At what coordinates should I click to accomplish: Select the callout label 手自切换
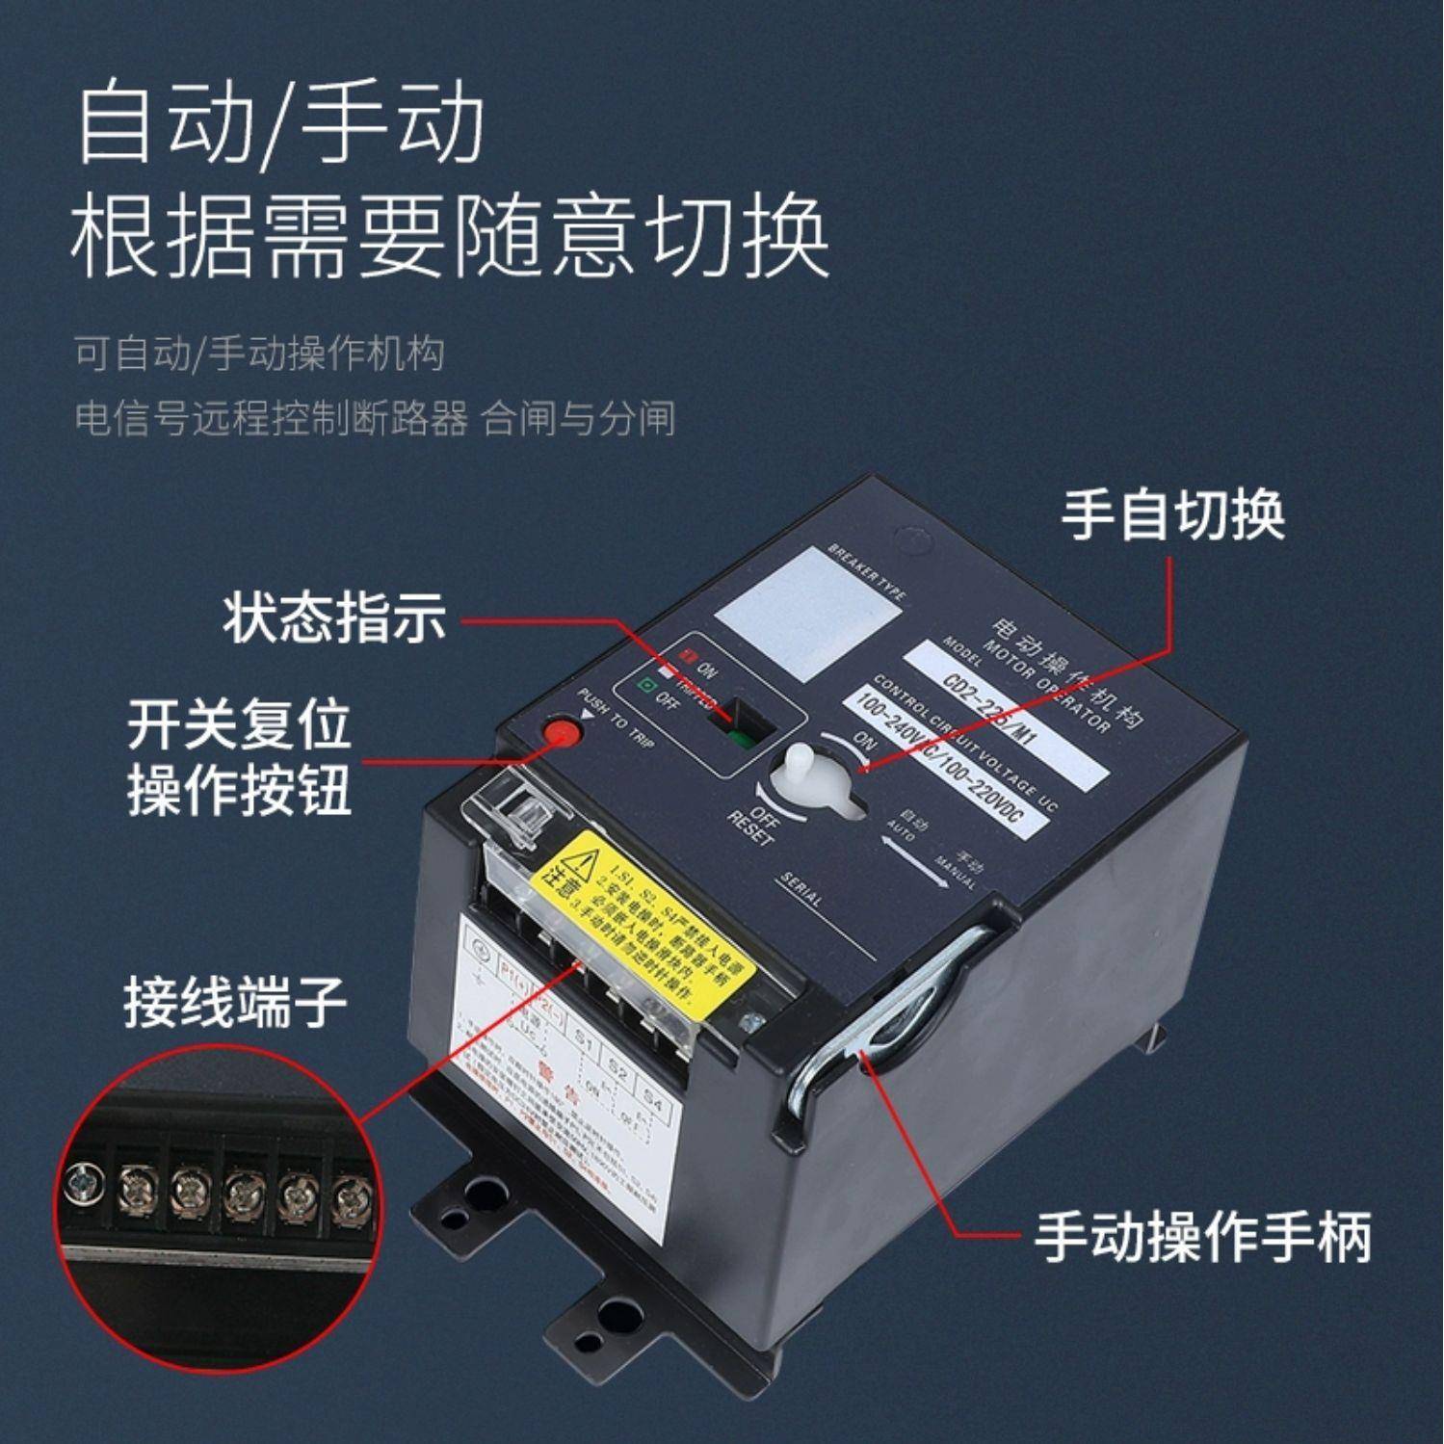pos(1172,515)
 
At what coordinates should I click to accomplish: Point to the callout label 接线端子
pos(235,1002)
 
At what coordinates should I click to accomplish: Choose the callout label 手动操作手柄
pos(1202,1237)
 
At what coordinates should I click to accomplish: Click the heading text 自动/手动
pos(279,125)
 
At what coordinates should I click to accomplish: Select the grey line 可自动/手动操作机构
pos(260,354)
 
